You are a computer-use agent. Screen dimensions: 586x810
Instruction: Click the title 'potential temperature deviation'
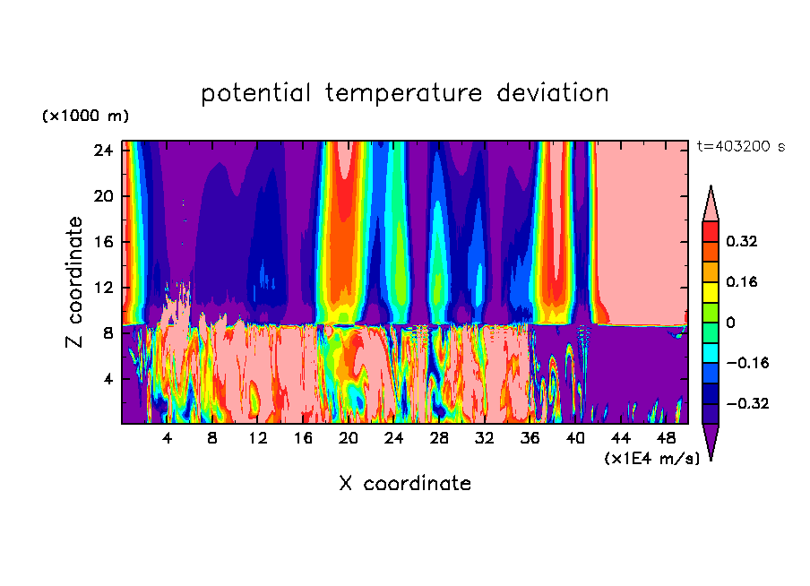404,93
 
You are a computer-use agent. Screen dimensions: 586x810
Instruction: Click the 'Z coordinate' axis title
75,282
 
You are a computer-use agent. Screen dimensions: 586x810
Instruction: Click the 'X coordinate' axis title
404,484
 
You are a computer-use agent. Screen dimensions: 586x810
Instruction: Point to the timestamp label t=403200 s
740,146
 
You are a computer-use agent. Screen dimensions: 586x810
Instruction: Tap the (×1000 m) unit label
85,116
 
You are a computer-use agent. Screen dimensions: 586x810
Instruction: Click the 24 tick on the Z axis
102,151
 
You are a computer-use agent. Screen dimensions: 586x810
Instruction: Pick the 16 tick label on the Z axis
102,242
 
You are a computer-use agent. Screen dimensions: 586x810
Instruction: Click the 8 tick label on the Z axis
107,333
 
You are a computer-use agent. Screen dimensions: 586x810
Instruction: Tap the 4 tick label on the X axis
168,439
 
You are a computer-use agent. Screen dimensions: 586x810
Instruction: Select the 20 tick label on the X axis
349,439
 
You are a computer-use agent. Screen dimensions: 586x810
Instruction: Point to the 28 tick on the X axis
439,439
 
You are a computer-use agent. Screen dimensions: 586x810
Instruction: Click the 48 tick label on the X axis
666,439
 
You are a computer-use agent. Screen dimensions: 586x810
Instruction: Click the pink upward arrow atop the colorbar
711,203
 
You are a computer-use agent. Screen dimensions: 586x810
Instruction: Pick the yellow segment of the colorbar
711,292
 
